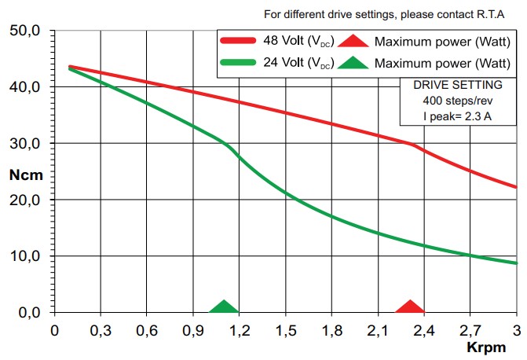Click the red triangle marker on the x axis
pyautogui.click(x=409, y=307)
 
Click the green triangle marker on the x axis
pyautogui.click(x=225, y=307)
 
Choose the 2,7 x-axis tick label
pyautogui.click(x=470, y=329)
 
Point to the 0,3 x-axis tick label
pyautogui.click(x=101, y=329)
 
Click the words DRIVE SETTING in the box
pyautogui.click(x=458, y=86)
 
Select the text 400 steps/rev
pyautogui.click(x=458, y=101)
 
